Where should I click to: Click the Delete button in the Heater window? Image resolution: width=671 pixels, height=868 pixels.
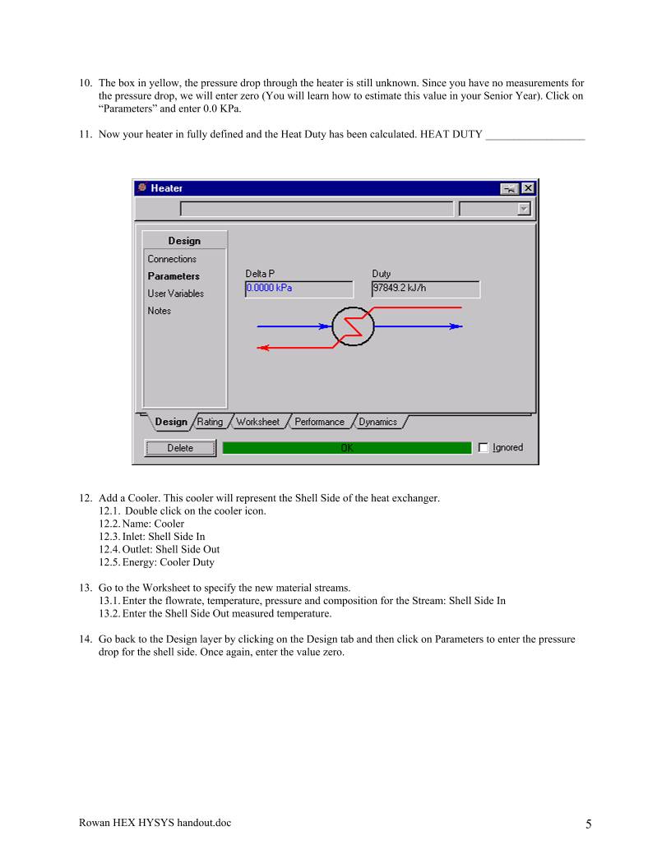pyautogui.click(x=180, y=448)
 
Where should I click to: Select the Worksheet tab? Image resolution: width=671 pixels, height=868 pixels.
pyautogui.click(x=257, y=422)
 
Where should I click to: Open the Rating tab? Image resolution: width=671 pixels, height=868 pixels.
pyautogui.click(x=210, y=422)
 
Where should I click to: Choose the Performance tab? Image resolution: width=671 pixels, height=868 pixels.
pyautogui.click(x=319, y=422)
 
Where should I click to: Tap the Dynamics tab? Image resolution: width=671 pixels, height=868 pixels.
pyautogui.click(x=377, y=422)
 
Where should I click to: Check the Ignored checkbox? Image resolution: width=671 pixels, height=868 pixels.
pyautogui.click(x=484, y=448)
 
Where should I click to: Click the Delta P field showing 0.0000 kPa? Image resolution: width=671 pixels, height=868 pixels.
pyautogui.click(x=298, y=289)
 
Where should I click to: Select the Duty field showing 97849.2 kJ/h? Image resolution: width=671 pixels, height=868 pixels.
pyautogui.click(x=425, y=289)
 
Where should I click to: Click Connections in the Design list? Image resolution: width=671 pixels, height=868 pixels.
pyautogui.click(x=172, y=259)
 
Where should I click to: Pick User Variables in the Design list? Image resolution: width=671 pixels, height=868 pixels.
pyautogui.click(x=176, y=293)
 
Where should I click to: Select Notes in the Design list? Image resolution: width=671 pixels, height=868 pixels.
pyautogui.click(x=160, y=311)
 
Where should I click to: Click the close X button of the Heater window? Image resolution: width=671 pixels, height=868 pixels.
pyautogui.click(x=527, y=188)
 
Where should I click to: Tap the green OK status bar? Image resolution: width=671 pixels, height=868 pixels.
pyautogui.click(x=346, y=448)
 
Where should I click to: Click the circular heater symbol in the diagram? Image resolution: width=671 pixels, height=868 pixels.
pyautogui.click(x=353, y=326)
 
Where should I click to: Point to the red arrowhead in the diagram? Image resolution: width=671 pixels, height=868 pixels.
pyautogui.click(x=262, y=348)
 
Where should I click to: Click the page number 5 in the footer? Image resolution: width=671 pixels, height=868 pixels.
pyautogui.click(x=588, y=824)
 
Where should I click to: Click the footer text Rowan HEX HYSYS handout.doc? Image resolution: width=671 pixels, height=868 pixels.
pyautogui.click(x=155, y=823)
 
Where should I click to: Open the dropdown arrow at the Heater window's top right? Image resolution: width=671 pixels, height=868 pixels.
pyautogui.click(x=524, y=210)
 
